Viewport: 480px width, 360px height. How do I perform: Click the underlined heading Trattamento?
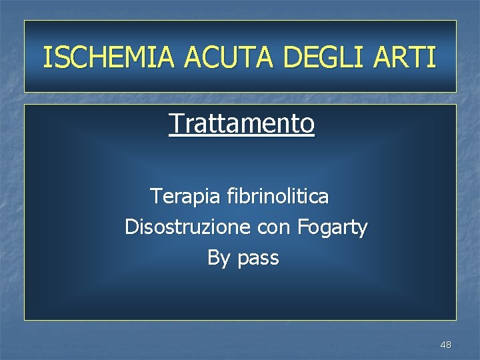(241, 123)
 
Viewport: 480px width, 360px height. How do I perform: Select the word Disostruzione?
(187, 227)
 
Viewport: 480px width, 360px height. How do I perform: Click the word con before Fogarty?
(273, 228)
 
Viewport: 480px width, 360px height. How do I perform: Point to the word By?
(218, 258)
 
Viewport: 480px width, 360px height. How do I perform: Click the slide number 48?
(445, 345)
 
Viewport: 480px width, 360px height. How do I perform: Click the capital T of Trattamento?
(175, 123)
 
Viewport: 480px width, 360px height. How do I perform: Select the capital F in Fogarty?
(302, 227)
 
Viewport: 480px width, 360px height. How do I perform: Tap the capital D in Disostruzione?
(131, 227)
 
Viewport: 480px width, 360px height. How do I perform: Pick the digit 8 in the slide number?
(448, 345)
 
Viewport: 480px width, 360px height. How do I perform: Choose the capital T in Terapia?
(155, 196)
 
